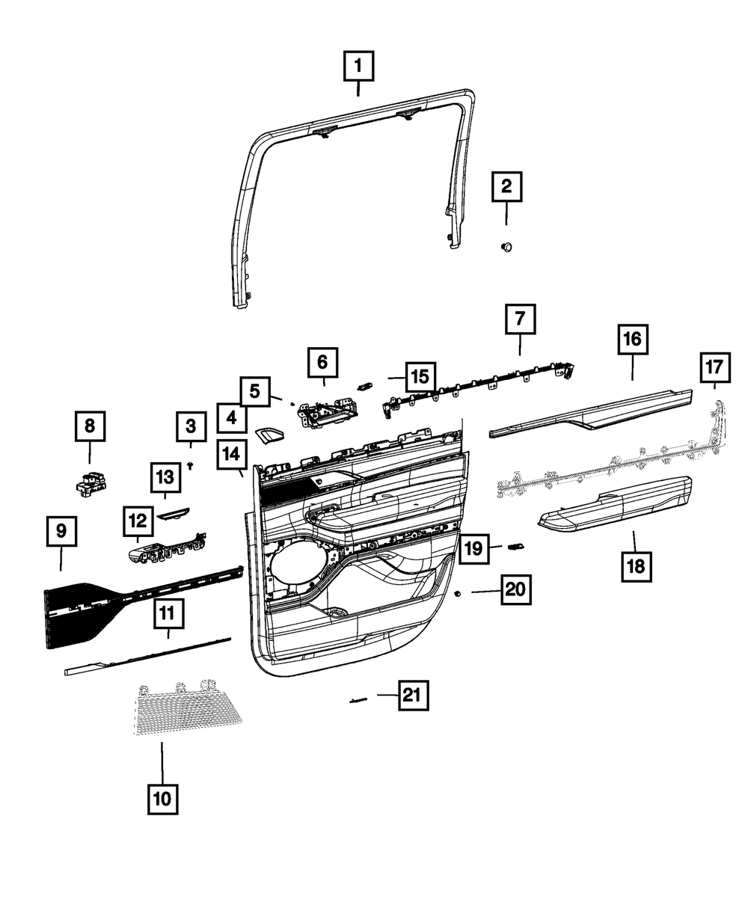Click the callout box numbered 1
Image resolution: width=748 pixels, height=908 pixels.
[358, 67]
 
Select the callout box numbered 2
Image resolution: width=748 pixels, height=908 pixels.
[506, 186]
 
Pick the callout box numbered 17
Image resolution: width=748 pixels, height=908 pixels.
[714, 368]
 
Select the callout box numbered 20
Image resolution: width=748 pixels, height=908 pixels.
[515, 590]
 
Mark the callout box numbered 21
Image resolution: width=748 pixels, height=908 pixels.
[411, 696]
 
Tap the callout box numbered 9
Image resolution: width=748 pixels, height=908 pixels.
[61, 532]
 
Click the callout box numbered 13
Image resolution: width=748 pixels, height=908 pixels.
[165, 476]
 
